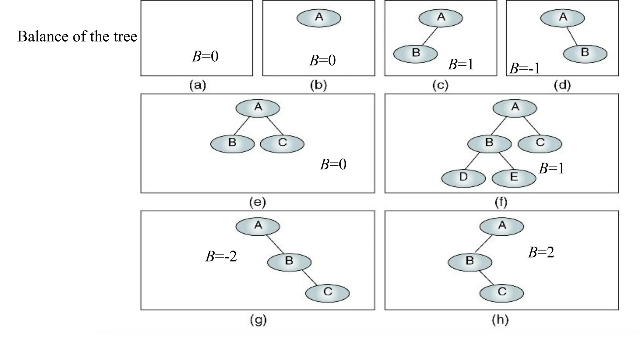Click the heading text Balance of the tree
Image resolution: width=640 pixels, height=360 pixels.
(x=77, y=37)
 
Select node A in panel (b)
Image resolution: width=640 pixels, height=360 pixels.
(x=318, y=18)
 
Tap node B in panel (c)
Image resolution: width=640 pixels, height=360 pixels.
(x=415, y=54)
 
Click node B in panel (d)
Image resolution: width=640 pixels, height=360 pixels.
(x=585, y=53)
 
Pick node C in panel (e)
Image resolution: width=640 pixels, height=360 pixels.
(x=282, y=144)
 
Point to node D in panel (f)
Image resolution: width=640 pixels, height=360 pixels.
(x=463, y=178)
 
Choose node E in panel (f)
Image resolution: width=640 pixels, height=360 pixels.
(x=514, y=178)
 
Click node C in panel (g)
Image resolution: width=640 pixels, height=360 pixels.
(x=327, y=293)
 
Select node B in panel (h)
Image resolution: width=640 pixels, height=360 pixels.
(x=470, y=262)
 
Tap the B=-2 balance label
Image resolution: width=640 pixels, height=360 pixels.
(x=221, y=257)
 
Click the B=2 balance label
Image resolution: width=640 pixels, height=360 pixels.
(x=541, y=252)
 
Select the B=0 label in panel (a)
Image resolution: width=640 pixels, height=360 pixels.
(x=205, y=57)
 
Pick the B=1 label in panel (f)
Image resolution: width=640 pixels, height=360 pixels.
(x=552, y=169)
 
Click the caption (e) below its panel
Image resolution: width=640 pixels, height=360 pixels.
(x=257, y=202)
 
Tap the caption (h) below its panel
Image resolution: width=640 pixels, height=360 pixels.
(x=500, y=320)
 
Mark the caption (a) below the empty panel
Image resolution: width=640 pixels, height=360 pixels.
(x=197, y=85)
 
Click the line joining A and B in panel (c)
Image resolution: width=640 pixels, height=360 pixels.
(x=430, y=36)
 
